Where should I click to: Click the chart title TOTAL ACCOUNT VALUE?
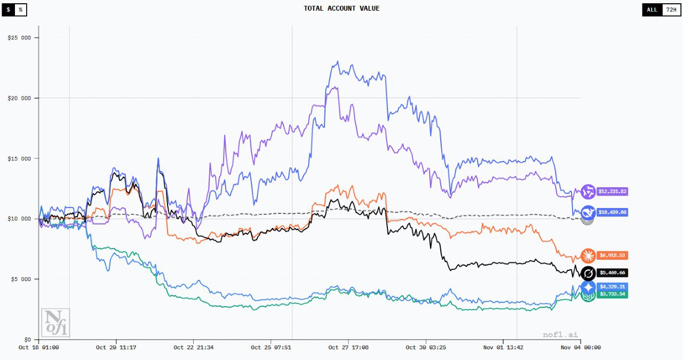coord(341,9)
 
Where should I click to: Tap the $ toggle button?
coord(8,10)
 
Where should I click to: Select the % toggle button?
coord(20,10)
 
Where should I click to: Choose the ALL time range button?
coord(652,10)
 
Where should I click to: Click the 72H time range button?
coord(671,10)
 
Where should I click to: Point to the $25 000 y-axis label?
coord(19,38)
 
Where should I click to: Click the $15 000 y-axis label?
coord(19,158)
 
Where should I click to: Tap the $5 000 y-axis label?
coord(21,279)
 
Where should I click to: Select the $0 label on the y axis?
coord(27,339)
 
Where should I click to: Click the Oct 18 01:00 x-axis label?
coord(38,348)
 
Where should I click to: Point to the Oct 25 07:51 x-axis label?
coord(272,348)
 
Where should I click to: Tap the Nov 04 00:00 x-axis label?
coord(581,348)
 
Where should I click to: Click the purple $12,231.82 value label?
coord(612,191)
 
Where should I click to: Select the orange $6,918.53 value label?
coord(612,255)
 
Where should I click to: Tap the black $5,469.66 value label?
coord(612,273)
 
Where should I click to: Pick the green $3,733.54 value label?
coord(612,294)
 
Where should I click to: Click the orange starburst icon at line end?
coord(589,255)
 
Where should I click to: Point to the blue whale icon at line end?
coord(589,212)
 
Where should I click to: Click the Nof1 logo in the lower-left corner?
coord(55,322)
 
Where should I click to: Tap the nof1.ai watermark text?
coord(561,335)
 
